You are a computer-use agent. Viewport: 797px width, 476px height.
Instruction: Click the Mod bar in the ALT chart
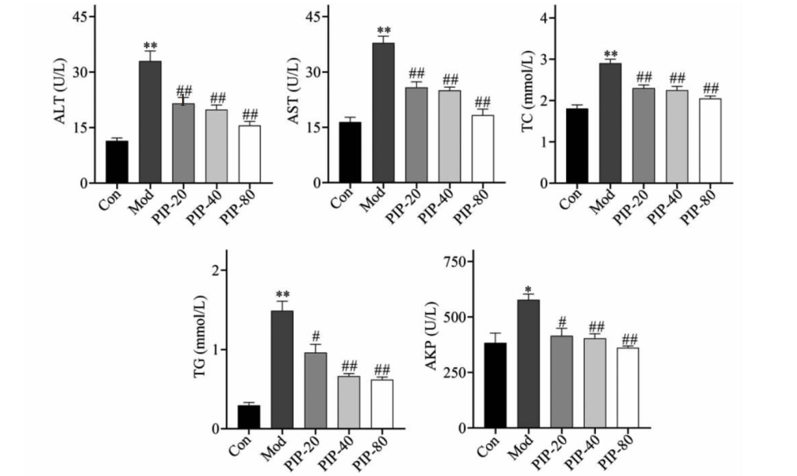tap(150, 122)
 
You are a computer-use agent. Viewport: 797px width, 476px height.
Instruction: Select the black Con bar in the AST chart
tap(350, 153)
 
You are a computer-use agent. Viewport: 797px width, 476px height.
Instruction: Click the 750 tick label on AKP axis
tap(458, 262)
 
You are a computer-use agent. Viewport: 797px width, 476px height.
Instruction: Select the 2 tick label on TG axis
tap(216, 271)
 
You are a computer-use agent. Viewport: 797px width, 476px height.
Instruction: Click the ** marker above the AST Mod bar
tap(383, 29)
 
